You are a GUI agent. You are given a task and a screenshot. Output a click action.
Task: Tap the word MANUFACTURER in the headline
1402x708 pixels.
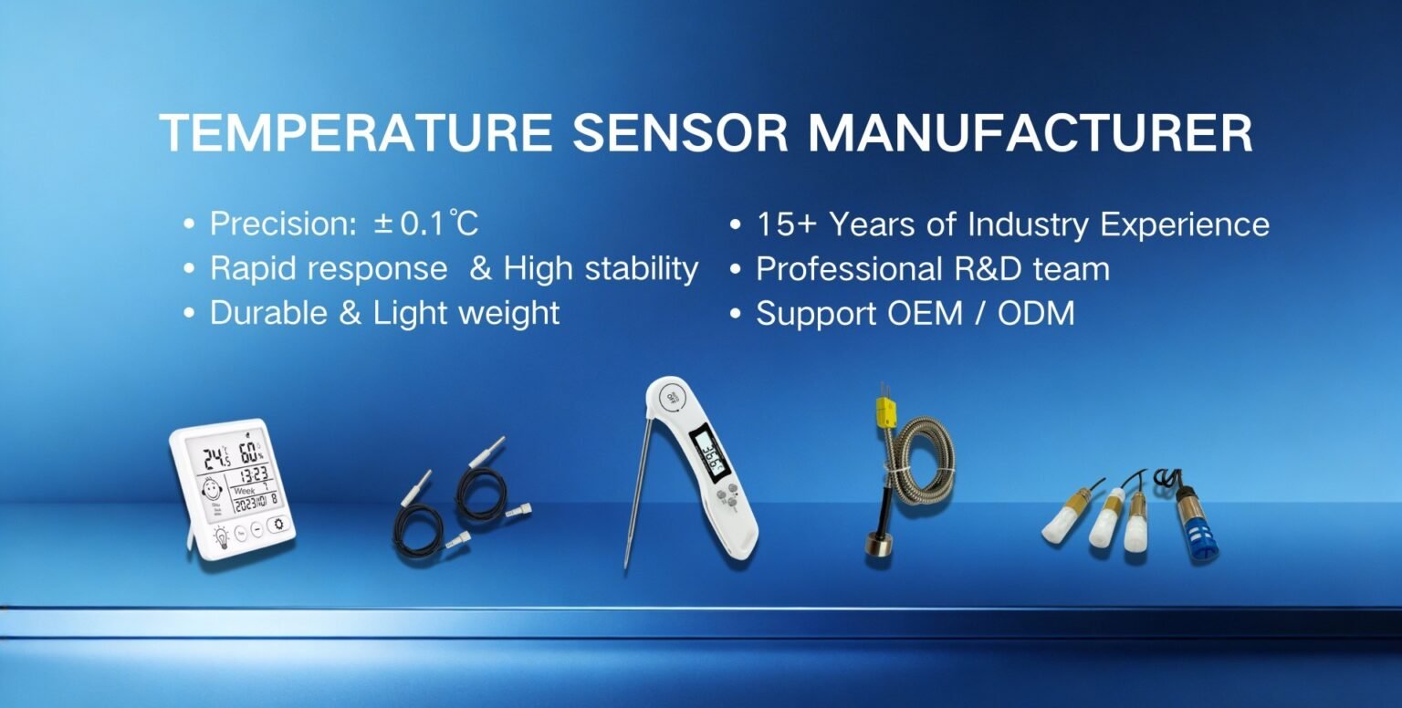[1030, 134]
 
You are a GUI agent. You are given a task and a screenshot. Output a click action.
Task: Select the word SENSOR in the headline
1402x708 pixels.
[680, 134]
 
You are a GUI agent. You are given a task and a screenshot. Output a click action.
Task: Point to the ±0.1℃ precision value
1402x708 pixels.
[426, 224]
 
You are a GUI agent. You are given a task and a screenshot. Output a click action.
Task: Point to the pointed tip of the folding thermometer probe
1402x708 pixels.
[627, 565]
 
